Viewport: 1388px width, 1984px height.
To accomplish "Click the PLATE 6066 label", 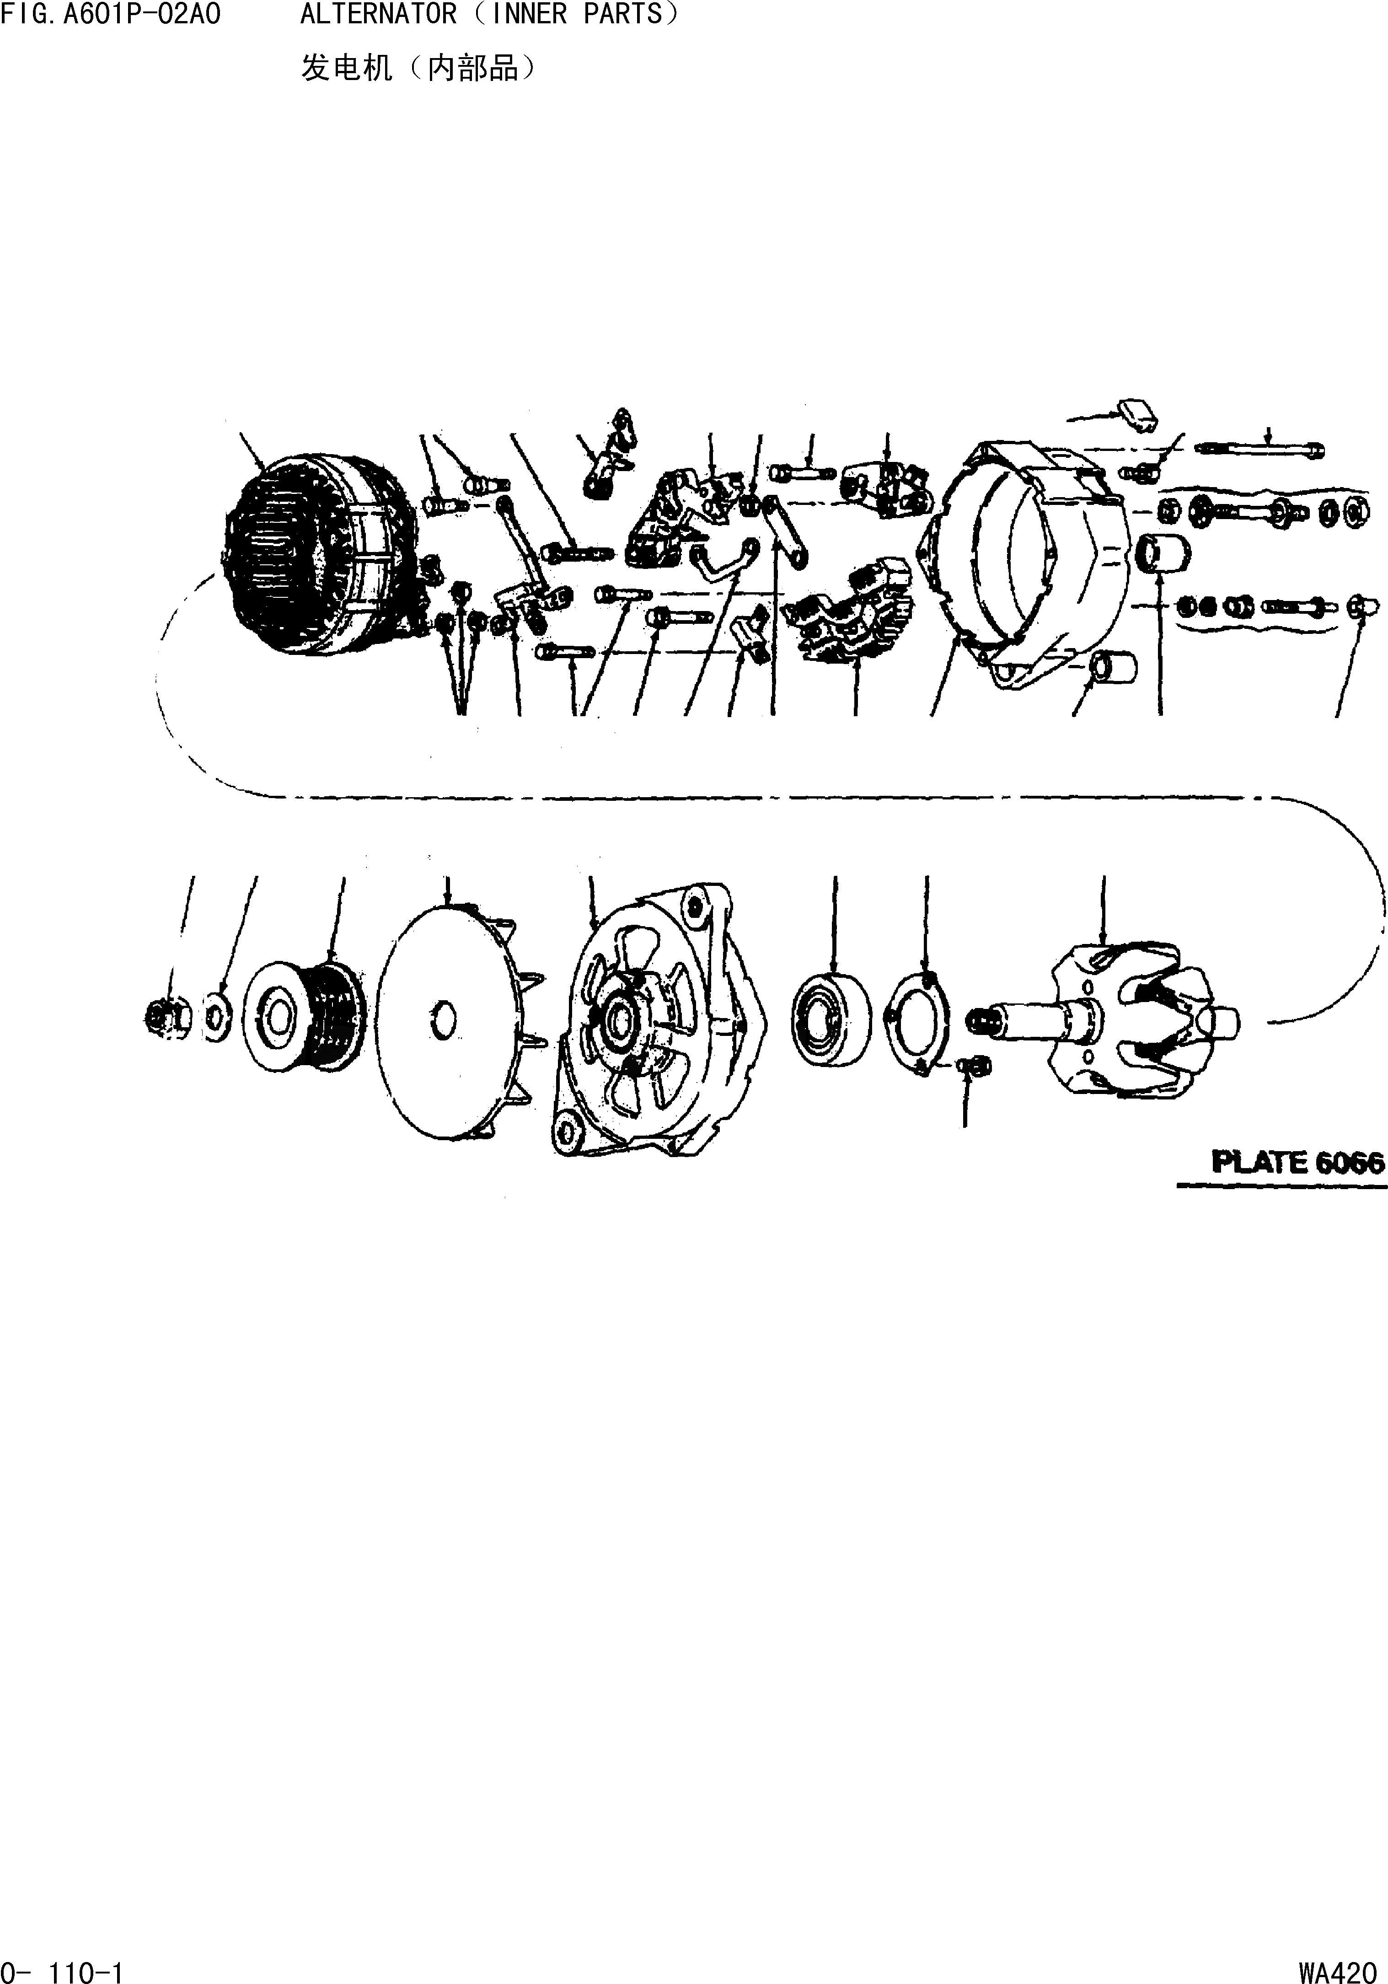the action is tap(1298, 1162).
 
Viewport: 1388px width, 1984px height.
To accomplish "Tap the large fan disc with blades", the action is tap(458, 1019).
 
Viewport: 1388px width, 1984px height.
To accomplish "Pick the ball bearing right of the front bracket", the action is tap(831, 1019).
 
